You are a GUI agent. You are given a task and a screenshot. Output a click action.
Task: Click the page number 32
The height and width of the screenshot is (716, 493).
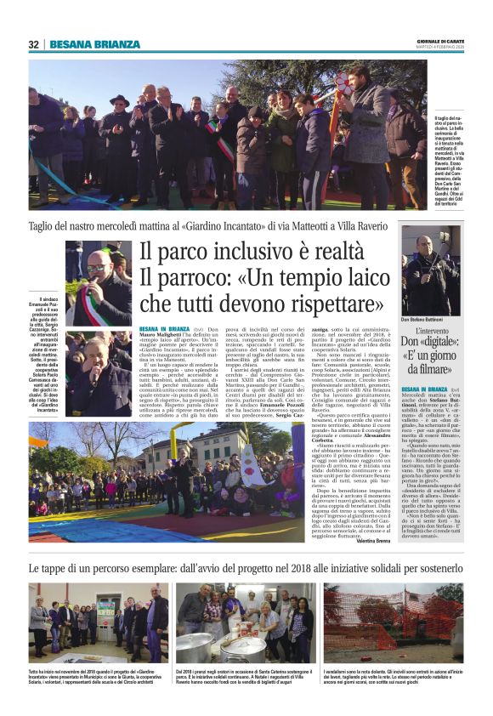(x=33, y=44)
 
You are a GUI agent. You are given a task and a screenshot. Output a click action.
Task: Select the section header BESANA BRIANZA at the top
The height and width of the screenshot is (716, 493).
(x=94, y=44)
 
